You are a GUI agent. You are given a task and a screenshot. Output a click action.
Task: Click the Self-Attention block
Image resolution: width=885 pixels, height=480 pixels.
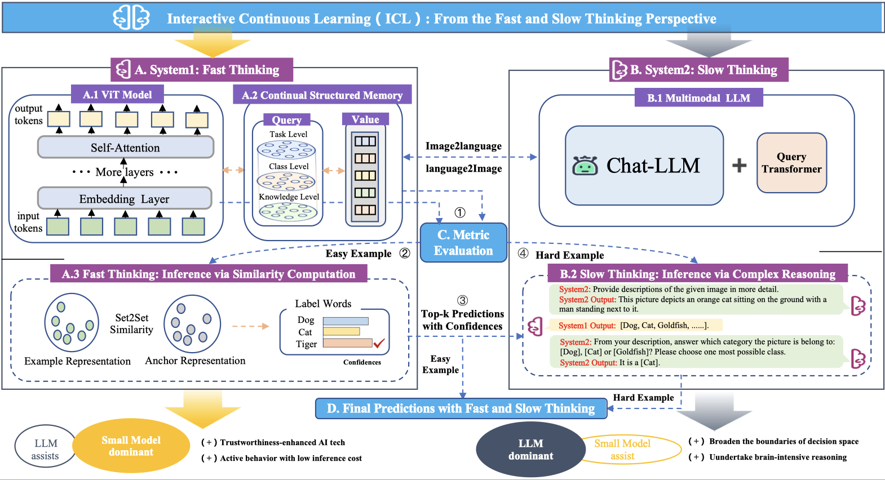pos(125,148)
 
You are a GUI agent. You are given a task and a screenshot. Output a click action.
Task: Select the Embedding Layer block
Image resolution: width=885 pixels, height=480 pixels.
pos(124,199)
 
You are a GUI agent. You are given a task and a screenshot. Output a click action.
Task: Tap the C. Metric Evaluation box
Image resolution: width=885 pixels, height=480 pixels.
pos(463,243)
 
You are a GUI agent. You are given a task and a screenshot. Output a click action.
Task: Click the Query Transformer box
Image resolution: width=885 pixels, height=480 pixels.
pos(791,163)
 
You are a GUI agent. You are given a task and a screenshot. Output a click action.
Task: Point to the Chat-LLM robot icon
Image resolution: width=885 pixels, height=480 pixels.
pos(585,166)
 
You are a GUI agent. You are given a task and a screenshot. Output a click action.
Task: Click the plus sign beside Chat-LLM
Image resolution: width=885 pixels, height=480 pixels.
pos(739,165)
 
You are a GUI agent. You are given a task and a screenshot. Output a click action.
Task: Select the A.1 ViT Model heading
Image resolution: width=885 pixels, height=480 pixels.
pos(117,95)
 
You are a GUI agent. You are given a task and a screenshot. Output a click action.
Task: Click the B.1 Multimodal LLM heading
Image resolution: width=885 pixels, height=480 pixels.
pos(698,97)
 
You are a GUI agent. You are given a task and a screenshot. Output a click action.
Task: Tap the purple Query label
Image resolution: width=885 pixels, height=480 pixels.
pos(286,120)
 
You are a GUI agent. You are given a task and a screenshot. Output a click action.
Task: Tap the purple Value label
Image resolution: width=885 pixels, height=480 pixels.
pos(365,119)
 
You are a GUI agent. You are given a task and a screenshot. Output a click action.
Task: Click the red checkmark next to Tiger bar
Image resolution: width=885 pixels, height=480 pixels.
pos(379,343)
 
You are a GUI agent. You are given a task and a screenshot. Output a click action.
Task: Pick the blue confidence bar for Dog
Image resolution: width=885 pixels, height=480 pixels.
pos(346,321)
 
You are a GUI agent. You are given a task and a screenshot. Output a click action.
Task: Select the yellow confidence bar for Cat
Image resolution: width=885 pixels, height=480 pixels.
pos(341,332)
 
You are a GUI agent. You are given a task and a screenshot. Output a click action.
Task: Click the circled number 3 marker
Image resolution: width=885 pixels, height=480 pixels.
pos(462,300)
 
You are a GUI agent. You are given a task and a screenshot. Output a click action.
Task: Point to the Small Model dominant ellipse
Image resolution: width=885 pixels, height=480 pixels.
pos(131,446)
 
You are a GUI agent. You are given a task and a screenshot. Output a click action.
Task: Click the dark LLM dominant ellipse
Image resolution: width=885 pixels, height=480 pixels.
pos(530,450)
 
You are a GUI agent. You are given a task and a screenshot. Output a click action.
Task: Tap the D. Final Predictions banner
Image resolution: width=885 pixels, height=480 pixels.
pos(461,408)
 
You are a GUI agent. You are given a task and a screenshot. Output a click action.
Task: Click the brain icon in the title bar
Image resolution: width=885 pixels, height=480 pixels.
pos(131,18)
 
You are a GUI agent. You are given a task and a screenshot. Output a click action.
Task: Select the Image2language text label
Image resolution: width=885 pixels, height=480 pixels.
pos(463,146)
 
